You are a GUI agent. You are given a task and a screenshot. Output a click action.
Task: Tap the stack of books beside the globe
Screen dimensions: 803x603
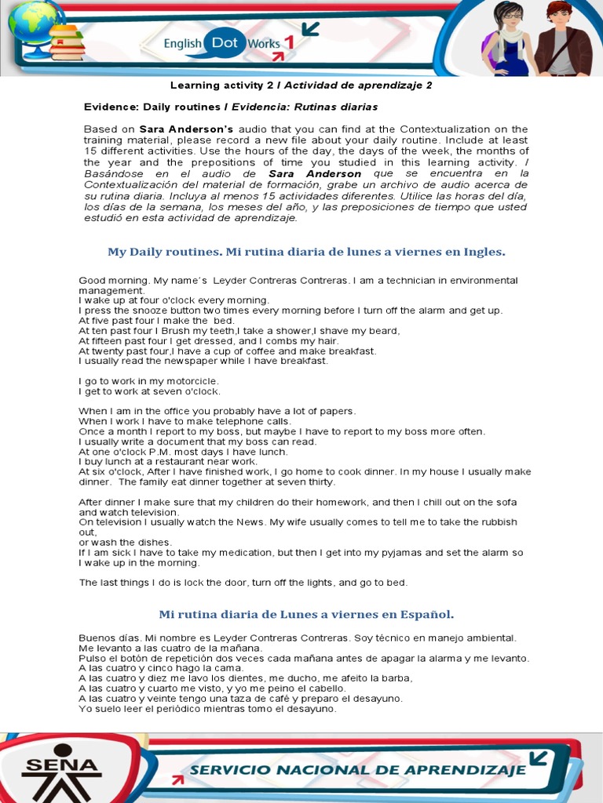(x=68, y=43)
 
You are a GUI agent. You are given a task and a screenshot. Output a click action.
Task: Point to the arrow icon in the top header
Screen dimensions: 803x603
(x=310, y=29)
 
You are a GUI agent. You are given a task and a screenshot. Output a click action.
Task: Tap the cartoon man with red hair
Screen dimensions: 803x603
(x=562, y=39)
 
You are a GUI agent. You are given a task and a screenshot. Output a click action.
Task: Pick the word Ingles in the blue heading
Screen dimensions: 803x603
(x=485, y=252)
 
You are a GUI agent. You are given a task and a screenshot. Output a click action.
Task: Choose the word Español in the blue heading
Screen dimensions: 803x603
(x=426, y=613)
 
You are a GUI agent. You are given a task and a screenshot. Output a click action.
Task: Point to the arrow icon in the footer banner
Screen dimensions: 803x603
(x=539, y=758)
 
